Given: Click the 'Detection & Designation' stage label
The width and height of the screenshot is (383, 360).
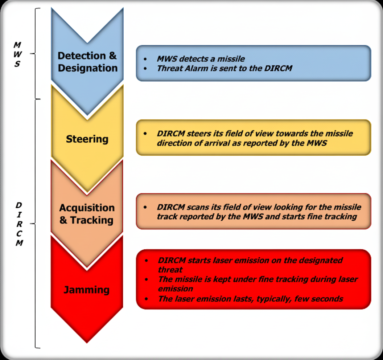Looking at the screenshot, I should (87, 62).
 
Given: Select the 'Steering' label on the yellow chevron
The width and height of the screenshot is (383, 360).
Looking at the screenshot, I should (87, 139).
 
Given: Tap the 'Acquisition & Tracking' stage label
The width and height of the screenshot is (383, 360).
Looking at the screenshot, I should (87, 214).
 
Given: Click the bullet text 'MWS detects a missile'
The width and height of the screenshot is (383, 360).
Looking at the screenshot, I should (201, 59).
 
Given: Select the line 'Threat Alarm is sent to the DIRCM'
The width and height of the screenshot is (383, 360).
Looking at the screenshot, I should (224, 68).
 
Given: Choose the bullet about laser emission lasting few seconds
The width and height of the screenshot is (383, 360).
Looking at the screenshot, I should (250, 299).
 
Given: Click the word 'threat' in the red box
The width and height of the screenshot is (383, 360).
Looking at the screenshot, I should (170, 270).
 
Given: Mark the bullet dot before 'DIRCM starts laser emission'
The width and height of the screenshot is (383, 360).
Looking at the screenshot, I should (146, 261).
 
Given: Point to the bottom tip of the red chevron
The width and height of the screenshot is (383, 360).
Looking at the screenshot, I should (87, 342).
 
